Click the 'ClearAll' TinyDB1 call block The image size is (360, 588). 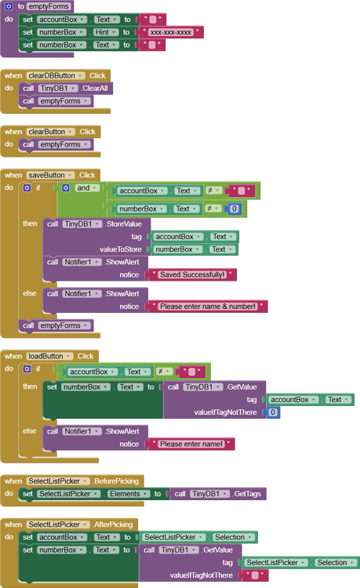[x=94, y=89]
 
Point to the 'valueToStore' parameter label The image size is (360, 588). [x=120, y=249]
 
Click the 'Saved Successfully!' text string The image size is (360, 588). [x=191, y=274]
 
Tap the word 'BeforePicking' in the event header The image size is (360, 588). [x=117, y=481]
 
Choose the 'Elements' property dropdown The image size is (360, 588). [x=125, y=494]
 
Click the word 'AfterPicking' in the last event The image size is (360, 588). [x=114, y=524]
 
